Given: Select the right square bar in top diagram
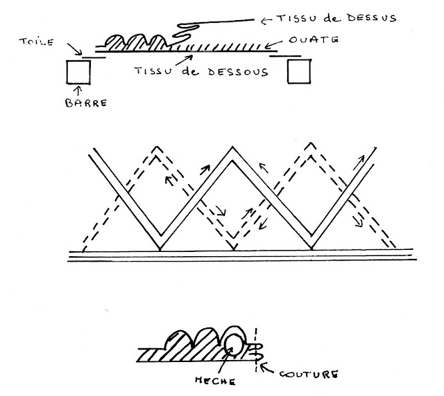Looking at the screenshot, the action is coord(298,71).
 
